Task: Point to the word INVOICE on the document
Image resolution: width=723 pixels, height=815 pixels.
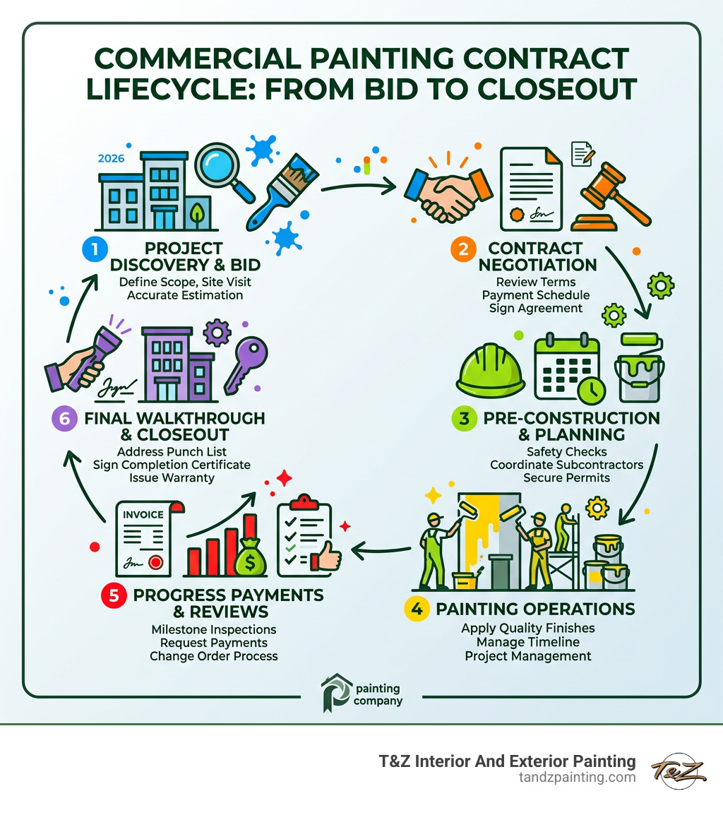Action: coord(144,515)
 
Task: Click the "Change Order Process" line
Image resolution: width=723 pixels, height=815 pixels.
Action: coord(213,655)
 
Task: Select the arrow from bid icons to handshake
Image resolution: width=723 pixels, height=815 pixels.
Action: coord(357,187)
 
